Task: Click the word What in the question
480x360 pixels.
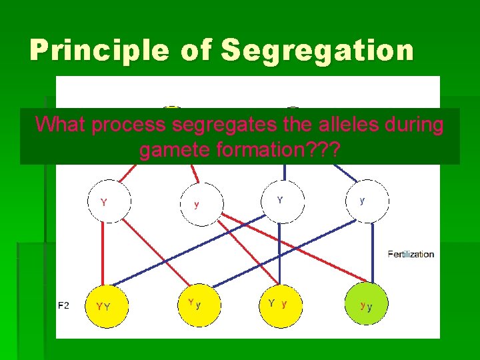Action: [61, 125]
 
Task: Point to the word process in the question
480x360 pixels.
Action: [129, 125]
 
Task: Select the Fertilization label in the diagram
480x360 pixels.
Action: [411, 254]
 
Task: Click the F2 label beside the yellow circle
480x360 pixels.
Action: [64, 305]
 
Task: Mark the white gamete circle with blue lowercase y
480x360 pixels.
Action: [367, 199]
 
